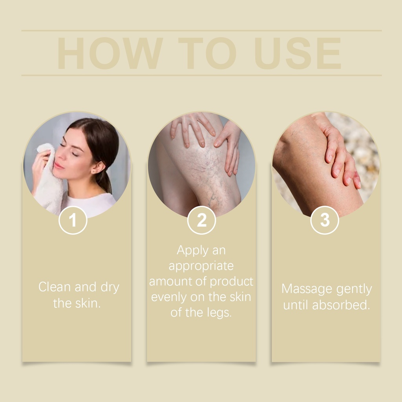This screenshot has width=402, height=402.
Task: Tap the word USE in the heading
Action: (298, 53)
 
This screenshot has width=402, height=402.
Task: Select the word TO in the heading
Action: (207, 53)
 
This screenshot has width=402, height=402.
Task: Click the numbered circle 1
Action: (73, 220)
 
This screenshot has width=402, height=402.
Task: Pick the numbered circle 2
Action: (201, 220)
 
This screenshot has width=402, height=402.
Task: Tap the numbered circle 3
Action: (325, 220)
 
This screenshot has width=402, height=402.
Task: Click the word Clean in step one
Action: (55, 287)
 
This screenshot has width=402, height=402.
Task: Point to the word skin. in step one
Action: (88, 303)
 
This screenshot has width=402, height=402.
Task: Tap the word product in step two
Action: (232, 281)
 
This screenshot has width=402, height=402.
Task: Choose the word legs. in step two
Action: (219, 313)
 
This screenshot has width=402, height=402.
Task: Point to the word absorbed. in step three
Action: (341, 305)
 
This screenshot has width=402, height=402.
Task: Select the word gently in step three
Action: (354, 289)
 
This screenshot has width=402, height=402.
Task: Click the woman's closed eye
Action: (74, 153)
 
